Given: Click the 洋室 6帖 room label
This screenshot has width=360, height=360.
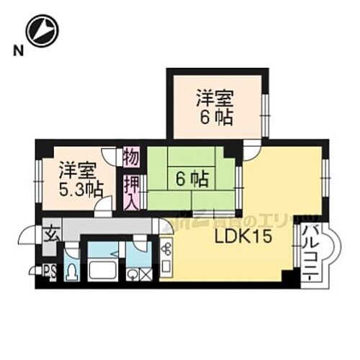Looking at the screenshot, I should [x=215, y=107].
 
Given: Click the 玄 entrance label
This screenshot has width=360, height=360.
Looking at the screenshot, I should [x=53, y=235].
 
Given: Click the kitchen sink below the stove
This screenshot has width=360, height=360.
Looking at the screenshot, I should [x=166, y=271].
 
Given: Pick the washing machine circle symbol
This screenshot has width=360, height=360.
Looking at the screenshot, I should [x=133, y=274].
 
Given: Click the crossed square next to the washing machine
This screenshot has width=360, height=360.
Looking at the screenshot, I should [x=146, y=274].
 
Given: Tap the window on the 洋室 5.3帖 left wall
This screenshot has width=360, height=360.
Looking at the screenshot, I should [x=38, y=176].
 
